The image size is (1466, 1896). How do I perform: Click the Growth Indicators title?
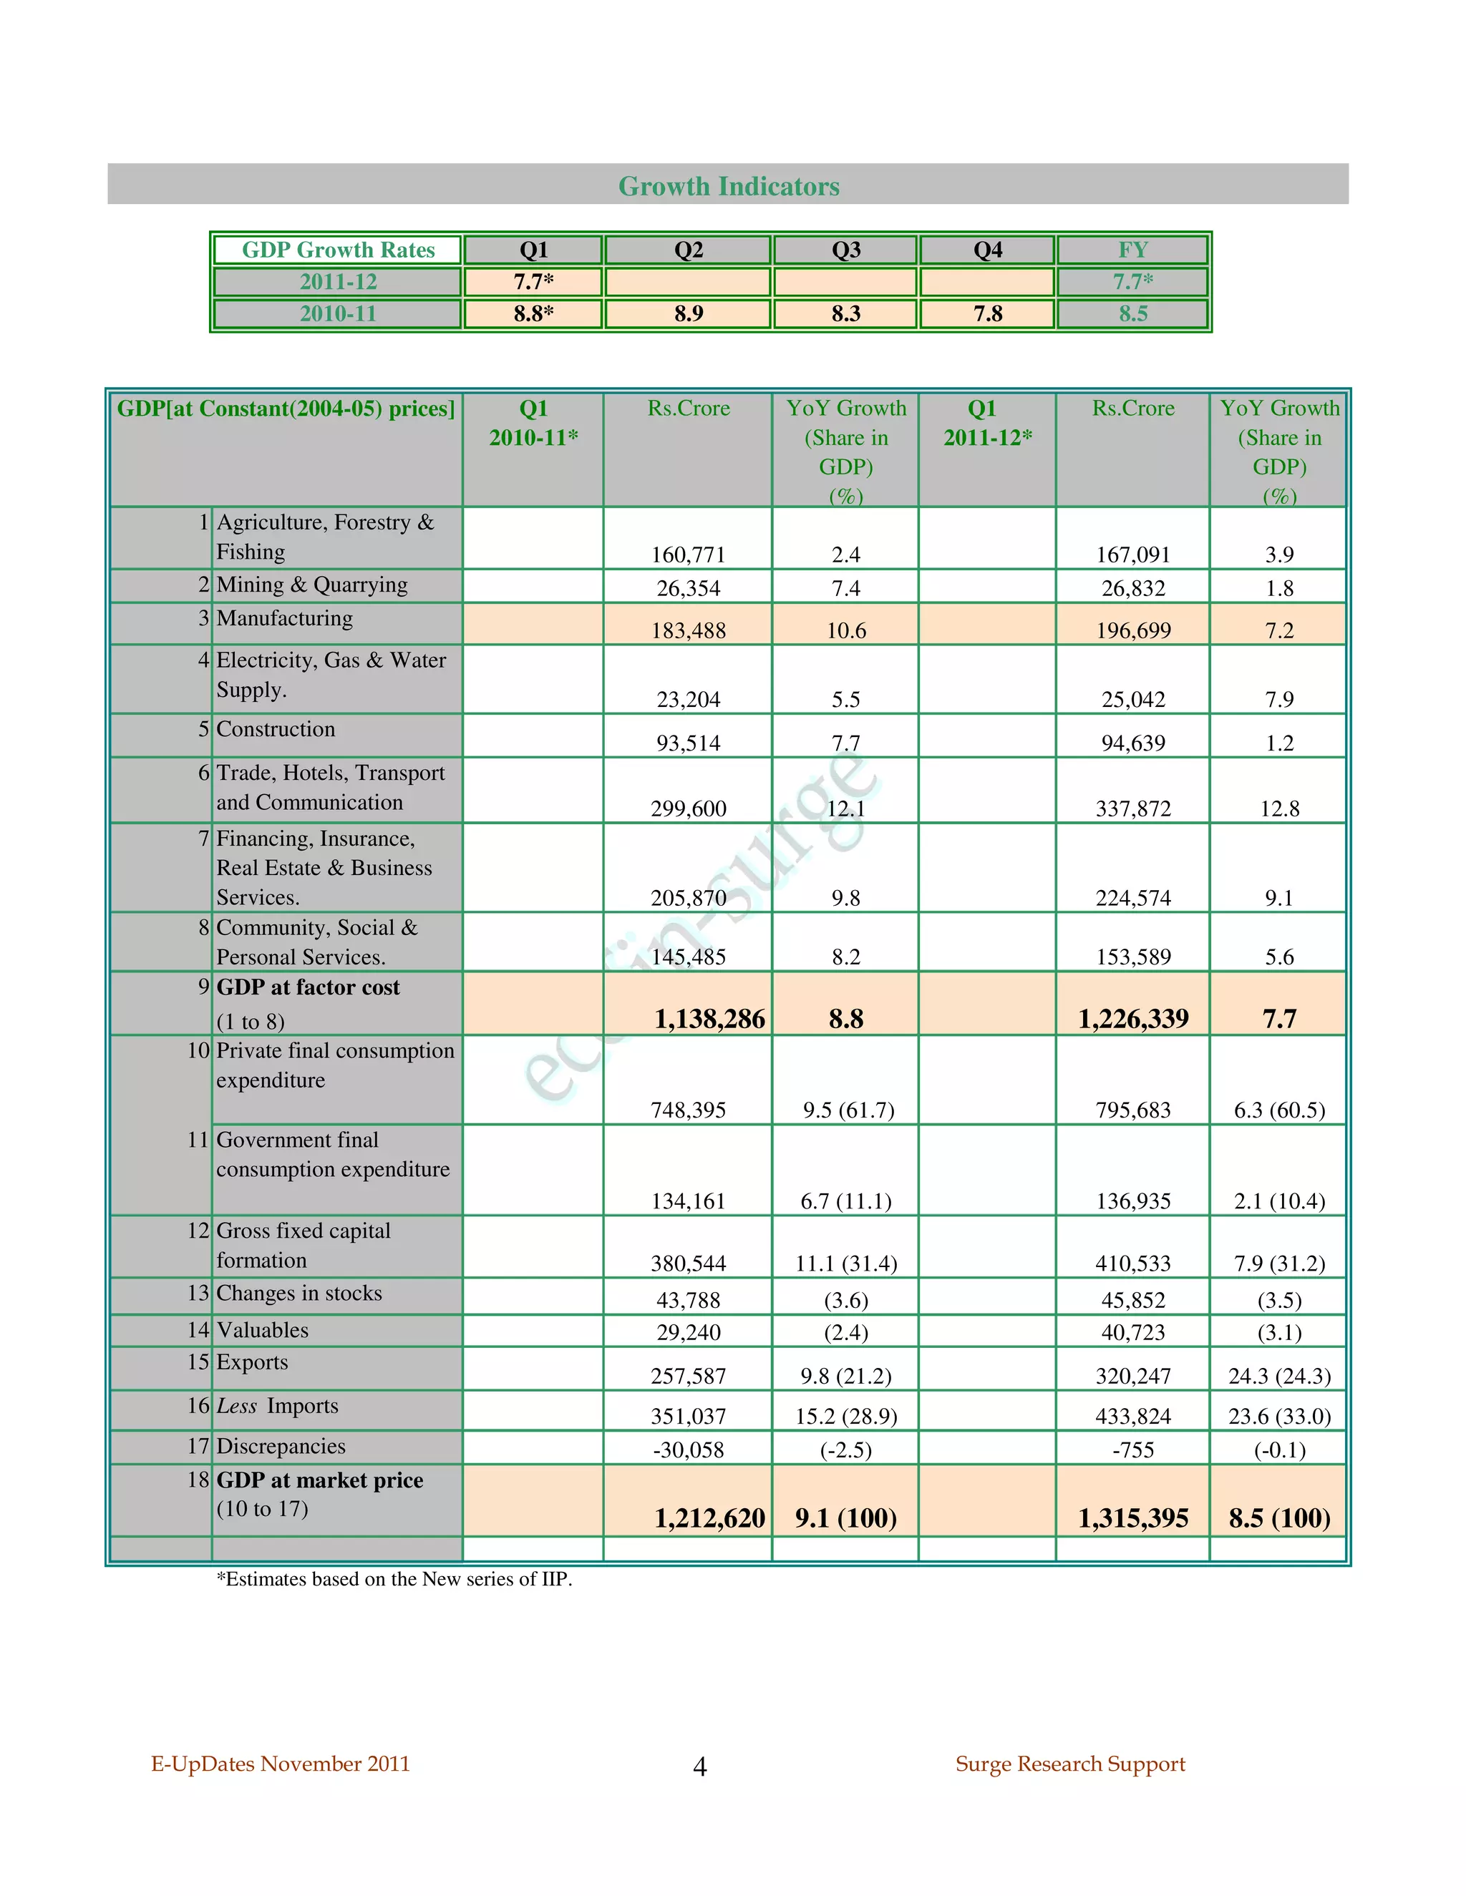click(x=728, y=186)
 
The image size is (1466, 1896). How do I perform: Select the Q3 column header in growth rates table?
click(x=845, y=250)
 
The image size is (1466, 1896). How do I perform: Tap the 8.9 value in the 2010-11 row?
click(x=688, y=313)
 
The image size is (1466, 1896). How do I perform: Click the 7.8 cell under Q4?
click(x=987, y=313)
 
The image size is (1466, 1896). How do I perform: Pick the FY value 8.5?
click(x=1132, y=313)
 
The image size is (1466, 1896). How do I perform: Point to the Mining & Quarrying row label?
click(x=312, y=585)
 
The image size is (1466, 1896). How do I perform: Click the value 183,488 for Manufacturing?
click(x=688, y=630)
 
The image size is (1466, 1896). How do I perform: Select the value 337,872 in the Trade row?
click(x=1132, y=808)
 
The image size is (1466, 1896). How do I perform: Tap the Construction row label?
click(x=276, y=729)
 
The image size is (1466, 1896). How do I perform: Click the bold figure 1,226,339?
click(x=1132, y=1018)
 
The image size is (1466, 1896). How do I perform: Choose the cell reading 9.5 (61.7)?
click(x=848, y=1110)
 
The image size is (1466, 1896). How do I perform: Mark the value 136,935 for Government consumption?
click(x=1132, y=1201)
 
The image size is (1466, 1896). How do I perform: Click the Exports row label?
click(x=252, y=1362)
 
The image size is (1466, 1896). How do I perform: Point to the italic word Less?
click(x=236, y=1405)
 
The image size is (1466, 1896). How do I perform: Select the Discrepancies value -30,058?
click(x=688, y=1450)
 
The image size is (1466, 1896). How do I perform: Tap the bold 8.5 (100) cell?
click(x=1278, y=1518)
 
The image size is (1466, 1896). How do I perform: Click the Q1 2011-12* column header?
click(x=987, y=423)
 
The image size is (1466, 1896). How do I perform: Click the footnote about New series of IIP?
click(x=394, y=1579)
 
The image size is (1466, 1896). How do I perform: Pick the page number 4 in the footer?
click(x=700, y=1766)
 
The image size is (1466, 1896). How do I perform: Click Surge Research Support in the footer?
click(x=1070, y=1763)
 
